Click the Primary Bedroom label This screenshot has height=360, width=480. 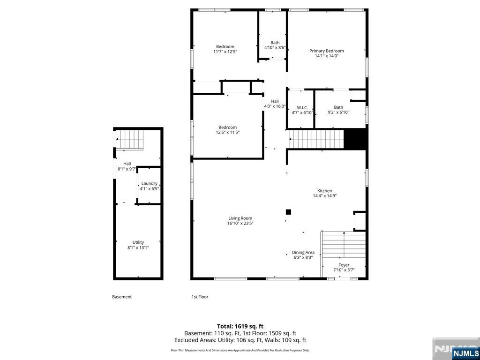tap(326, 51)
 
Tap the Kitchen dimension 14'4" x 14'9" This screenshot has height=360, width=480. tap(325, 196)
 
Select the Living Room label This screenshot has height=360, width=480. tap(240, 218)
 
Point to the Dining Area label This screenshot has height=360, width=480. tap(303, 252)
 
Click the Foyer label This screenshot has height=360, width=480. tap(344, 265)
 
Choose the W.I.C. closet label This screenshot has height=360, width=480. tap(302, 107)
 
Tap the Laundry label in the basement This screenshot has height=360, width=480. tap(149, 183)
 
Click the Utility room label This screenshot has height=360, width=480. tap(138, 242)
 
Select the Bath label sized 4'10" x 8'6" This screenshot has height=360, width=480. tap(275, 43)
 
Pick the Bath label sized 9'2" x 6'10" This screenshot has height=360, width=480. tap(338, 107)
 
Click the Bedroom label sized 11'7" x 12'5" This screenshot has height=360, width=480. tap(225, 46)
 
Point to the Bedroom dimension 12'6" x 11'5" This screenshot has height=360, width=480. tap(227, 133)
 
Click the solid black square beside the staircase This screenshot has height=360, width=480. tap(355, 139)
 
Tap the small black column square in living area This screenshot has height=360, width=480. tap(288, 212)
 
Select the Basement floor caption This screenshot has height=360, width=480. tap(122, 297)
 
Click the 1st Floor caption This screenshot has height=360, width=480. tap(200, 297)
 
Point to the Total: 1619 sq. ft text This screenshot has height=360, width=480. tap(240, 326)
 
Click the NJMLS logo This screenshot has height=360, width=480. tap(465, 353)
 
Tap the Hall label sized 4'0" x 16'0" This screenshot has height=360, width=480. tap(275, 101)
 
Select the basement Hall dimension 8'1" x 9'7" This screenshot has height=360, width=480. tap(127, 169)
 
